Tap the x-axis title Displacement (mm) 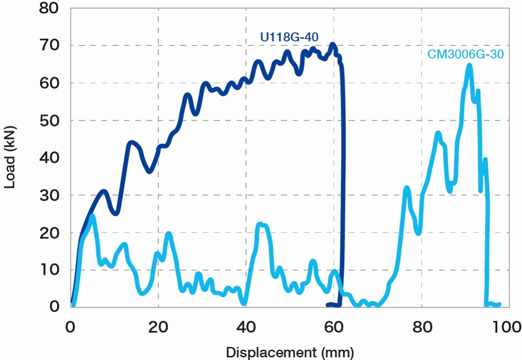point(290,352)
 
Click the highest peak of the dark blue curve point(333,44)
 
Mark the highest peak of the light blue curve point(469,65)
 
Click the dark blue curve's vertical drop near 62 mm point(343,180)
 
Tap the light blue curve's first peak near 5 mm point(92,216)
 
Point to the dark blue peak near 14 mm point(131,143)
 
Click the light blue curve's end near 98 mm point(499,305)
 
